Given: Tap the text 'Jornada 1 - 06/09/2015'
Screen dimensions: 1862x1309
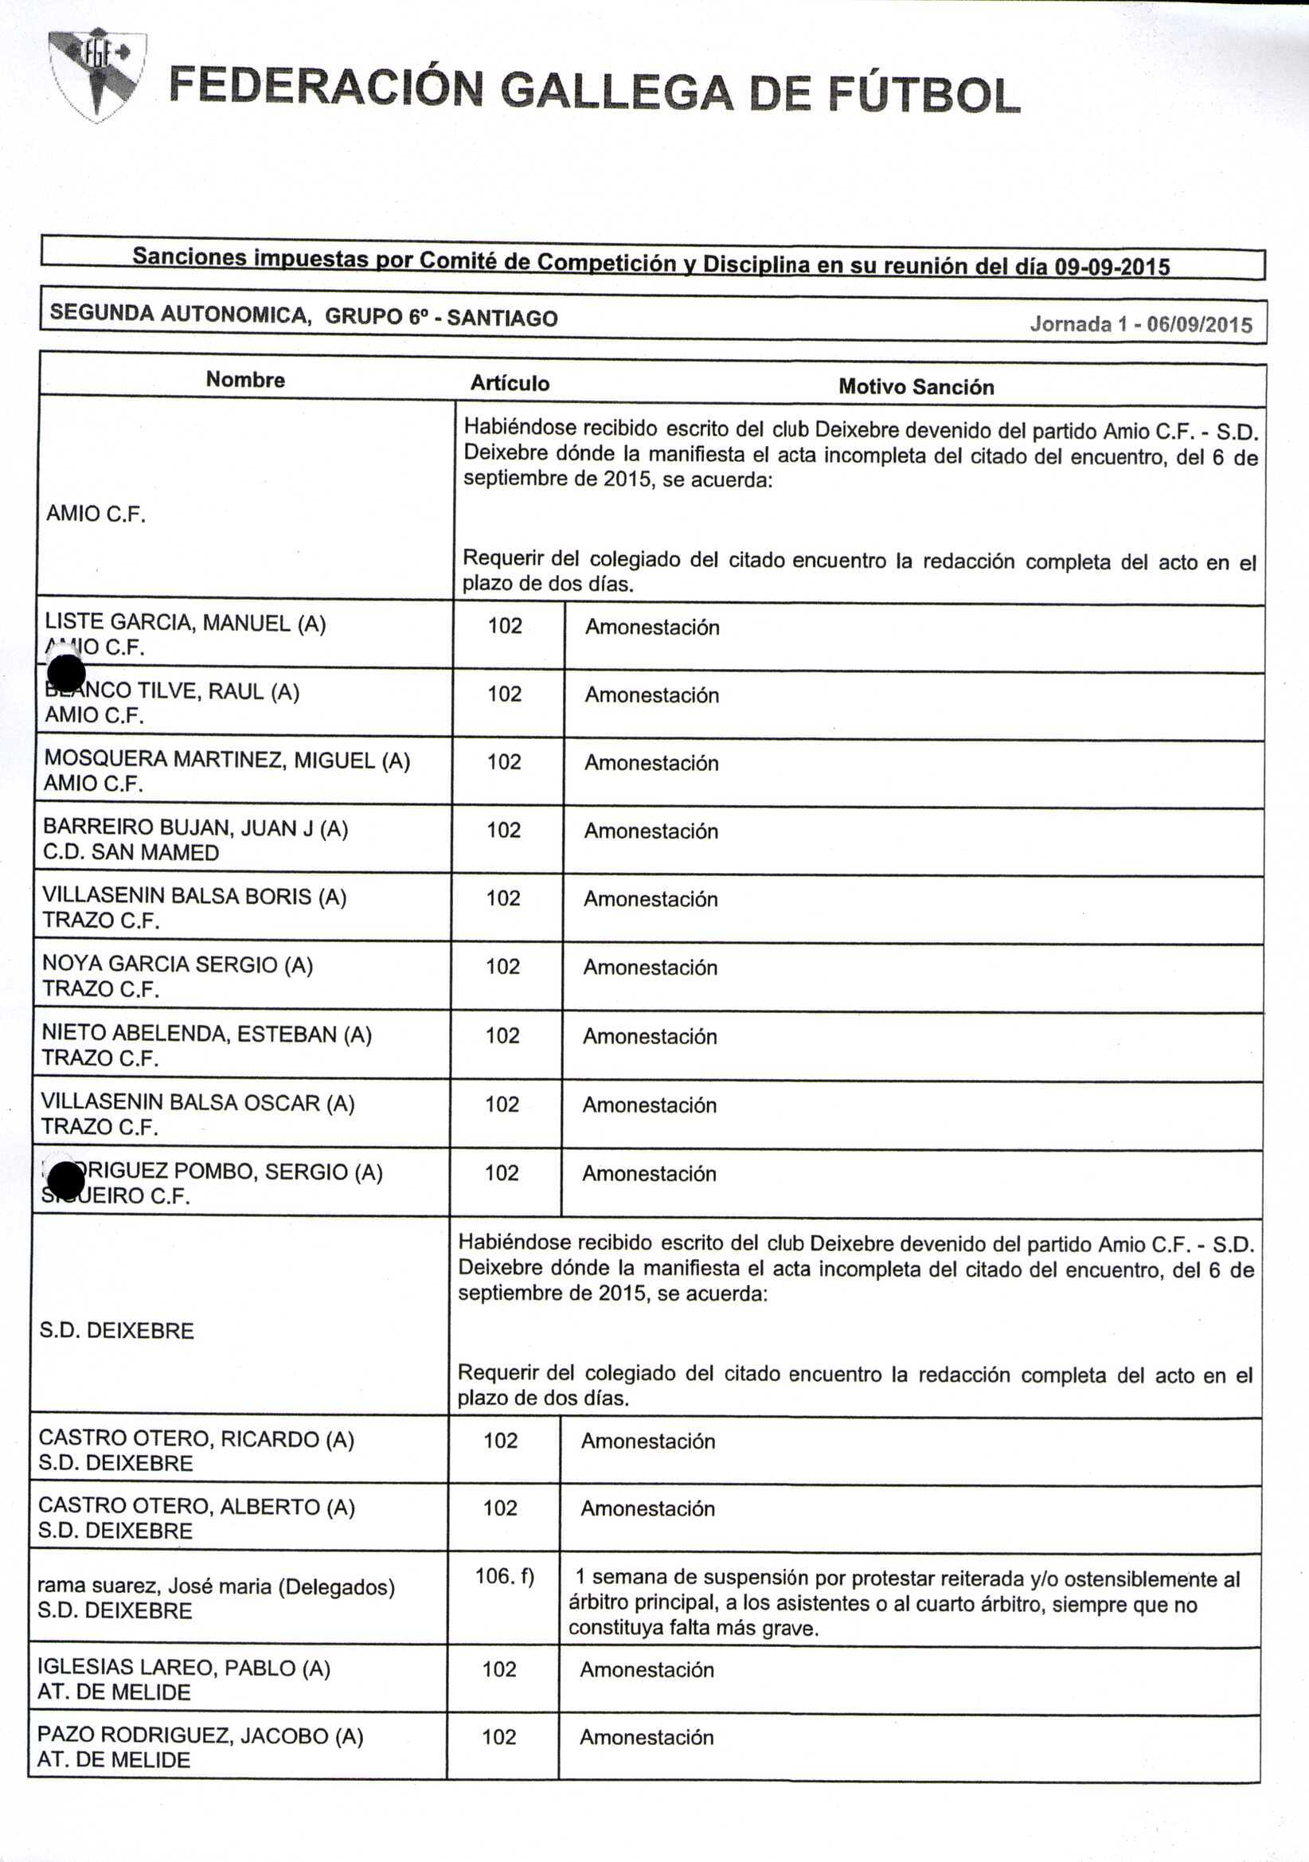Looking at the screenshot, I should (x=1140, y=324).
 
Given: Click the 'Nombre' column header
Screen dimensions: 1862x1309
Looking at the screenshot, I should (x=245, y=380).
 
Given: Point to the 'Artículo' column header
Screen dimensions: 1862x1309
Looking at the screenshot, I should (x=510, y=383).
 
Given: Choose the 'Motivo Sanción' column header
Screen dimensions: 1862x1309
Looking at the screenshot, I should (x=916, y=387).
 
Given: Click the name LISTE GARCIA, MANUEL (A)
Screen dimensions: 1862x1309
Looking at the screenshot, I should (x=185, y=623).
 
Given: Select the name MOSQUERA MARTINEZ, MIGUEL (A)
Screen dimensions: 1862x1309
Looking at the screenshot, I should (x=226, y=760).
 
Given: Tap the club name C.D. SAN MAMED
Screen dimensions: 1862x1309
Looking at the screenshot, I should (x=131, y=852).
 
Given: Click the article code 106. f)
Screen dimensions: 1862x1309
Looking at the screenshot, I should (x=505, y=1576).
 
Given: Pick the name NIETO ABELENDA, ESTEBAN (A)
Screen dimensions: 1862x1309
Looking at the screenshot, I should (x=206, y=1034).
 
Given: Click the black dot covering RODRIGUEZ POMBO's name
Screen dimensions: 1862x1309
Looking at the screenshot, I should (x=66, y=1180).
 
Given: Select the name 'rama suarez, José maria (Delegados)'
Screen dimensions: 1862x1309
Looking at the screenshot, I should (x=216, y=1586).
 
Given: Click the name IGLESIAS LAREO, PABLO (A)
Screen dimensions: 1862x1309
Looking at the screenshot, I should (x=183, y=1668).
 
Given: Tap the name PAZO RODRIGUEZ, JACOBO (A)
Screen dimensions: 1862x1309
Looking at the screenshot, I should (x=200, y=1735).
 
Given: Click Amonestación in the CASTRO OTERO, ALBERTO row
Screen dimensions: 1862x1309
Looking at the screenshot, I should (x=647, y=1508).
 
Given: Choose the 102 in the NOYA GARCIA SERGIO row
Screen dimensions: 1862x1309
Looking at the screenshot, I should (x=502, y=967).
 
